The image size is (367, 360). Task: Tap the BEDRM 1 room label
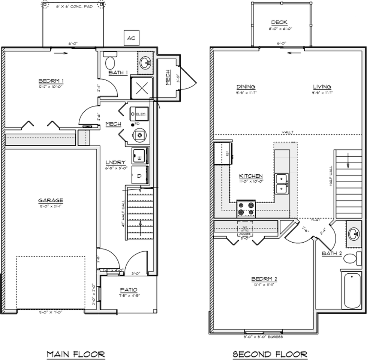tap(51, 81)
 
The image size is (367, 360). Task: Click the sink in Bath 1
tap(144, 62)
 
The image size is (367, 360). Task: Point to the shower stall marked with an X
tap(142, 88)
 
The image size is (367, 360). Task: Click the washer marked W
tap(139, 156)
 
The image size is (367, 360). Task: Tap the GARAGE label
tap(50, 200)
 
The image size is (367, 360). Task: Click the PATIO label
tap(129, 289)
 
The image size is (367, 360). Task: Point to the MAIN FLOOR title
tap(75, 354)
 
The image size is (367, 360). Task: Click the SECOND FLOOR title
tap(270, 354)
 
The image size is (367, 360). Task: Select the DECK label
tap(280, 22)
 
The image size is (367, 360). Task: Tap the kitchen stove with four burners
tap(246, 209)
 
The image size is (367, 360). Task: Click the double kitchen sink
tap(282, 183)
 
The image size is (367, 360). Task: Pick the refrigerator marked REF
tap(222, 153)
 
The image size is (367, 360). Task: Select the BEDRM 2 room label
tap(264, 279)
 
